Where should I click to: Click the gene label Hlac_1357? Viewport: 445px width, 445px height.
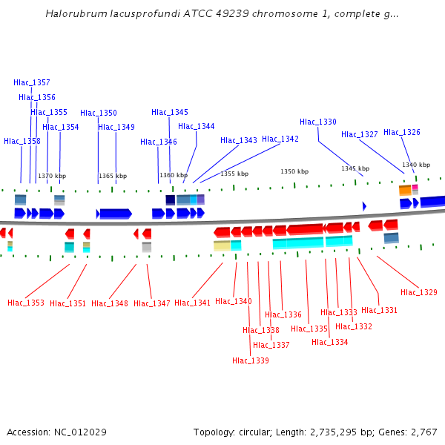pyautogui.click(x=32, y=82)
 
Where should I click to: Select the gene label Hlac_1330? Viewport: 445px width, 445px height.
pyautogui.click(x=318, y=122)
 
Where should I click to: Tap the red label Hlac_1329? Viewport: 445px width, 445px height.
pyautogui.click(x=419, y=292)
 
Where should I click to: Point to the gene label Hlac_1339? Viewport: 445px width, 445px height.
pyautogui.click(x=251, y=360)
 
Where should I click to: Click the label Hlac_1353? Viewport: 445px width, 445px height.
pyautogui.click(x=26, y=303)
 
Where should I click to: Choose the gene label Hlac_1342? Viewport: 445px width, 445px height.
pyautogui.click(x=280, y=139)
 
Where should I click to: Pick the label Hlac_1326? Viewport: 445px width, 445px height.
pyautogui.click(x=402, y=132)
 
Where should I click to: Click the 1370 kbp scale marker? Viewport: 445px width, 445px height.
pyautogui.click(x=52, y=176)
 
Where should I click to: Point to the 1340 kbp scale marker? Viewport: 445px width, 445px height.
pyautogui.click(x=416, y=165)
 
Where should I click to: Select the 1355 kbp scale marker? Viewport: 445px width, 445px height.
pyautogui.click(x=234, y=174)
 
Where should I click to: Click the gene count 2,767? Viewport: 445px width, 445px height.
pyautogui.click(x=423, y=432)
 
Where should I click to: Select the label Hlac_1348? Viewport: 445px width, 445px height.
pyautogui.click(x=110, y=303)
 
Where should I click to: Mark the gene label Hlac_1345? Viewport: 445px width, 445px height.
pyautogui.click(x=170, y=112)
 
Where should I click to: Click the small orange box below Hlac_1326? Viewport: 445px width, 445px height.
pyautogui.click(x=405, y=191)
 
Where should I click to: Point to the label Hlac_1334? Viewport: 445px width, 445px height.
pyautogui.click(x=330, y=342)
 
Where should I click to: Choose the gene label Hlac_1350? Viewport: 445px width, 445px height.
pyautogui.click(x=99, y=113)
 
